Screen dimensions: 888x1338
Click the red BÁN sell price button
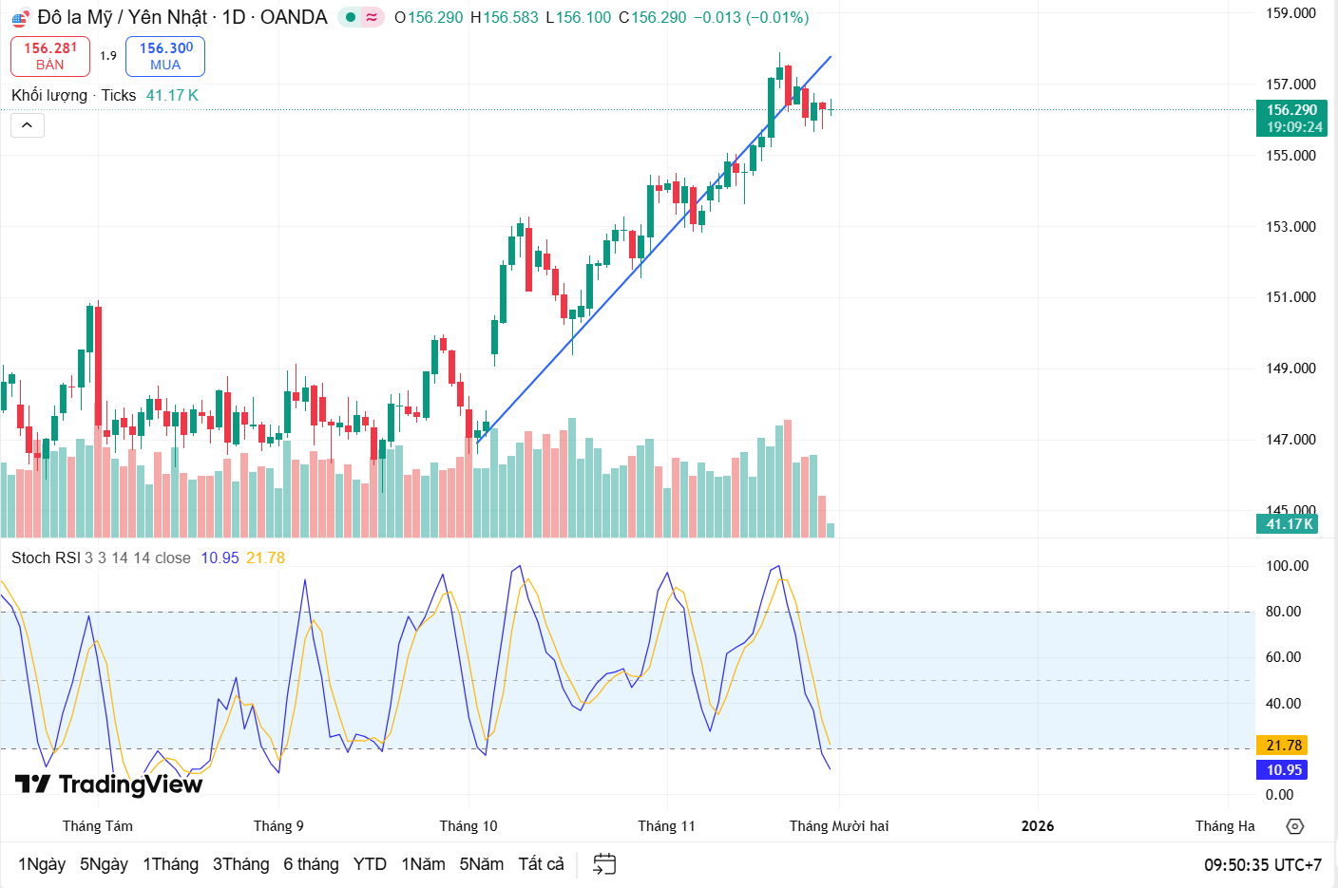[x=50, y=56]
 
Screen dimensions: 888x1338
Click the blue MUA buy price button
[x=165, y=56]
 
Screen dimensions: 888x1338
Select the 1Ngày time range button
[x=42, y=864]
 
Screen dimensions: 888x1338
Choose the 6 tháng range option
[x=311, y=864]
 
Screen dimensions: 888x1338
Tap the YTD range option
[x=370, y=864]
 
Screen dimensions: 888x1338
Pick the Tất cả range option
[x=541, y=864]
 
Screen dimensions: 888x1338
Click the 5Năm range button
[x=481, y=864]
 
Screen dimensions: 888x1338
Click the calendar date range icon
[x=604, y=864]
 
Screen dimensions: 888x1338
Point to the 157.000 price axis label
[x=1290, y=85]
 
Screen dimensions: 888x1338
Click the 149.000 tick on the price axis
[x=1290, y=368]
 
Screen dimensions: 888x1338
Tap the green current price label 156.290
[x=1292, y=118]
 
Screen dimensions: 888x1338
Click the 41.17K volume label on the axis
[x=1290, y=524]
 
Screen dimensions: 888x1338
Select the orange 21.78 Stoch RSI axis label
[x=1283, y=746]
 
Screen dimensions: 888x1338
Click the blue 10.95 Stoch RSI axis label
[x=1283, y=770]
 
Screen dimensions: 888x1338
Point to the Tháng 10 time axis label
[x=468, y=826]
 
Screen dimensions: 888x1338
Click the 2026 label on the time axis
[x=1037, y=826]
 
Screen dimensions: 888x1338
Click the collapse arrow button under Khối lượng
[x=28, y=125]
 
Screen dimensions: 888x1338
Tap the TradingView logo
[x=108, y=784]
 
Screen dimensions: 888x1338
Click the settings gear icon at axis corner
[x=1294, y=826]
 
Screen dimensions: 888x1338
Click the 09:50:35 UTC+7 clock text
[x=1262, y=865]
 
